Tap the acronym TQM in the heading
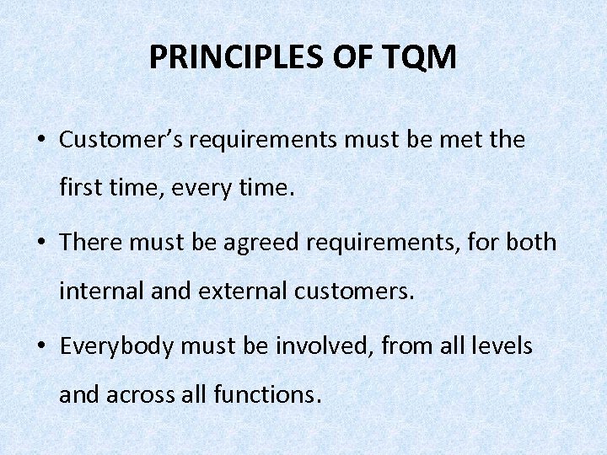coord(423,57)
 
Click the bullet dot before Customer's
coord(41,141)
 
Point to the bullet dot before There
coord(41,244)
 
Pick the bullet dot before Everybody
coord(41,346)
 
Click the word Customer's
coord(121,140)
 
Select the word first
coord(81,190)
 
